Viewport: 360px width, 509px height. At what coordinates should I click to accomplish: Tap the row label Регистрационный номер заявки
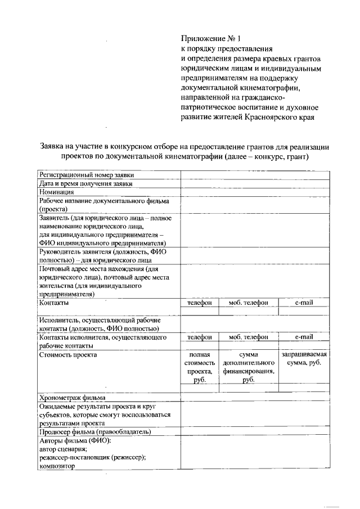tap(83, 175)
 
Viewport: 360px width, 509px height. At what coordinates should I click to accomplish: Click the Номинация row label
tap(57, 192)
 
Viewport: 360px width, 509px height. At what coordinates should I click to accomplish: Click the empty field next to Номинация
tap(255, 192)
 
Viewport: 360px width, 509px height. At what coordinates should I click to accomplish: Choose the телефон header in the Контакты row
tap(199, 303)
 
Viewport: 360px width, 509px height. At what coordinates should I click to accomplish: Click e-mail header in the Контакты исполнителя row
tap(304, 337)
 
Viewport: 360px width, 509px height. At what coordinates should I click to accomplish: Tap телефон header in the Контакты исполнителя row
tap(199, 337)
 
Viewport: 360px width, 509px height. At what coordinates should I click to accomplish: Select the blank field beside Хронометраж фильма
tap(255, 397)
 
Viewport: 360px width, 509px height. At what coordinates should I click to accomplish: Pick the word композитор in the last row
tap(57, 466)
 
